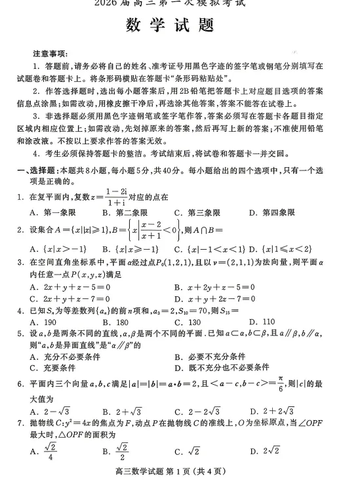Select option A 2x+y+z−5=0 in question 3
71,287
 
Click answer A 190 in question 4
44,322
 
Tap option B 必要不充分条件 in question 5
210,356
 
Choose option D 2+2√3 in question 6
271,412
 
